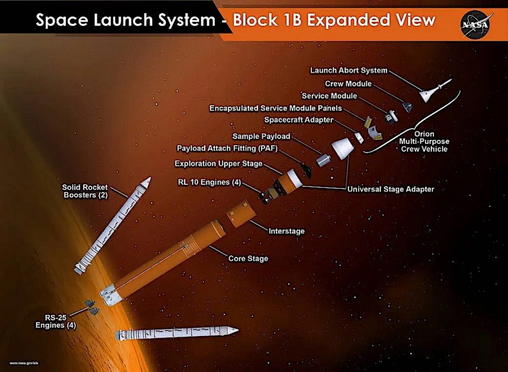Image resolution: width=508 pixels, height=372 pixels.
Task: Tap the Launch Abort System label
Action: click(x=348, y=70)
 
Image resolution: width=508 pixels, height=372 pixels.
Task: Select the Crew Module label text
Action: click(x=348, y=84)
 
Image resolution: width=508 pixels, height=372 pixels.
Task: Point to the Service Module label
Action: click(x=329, y=96)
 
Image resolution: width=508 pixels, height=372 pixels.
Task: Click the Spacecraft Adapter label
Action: click(x=299, y=120)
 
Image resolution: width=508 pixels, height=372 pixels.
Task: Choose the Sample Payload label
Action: click(x=261, y=136)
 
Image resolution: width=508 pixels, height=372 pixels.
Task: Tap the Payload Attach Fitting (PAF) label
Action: click(x=227, y=148)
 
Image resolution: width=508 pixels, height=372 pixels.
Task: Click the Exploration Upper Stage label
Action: click(x=218, y=163)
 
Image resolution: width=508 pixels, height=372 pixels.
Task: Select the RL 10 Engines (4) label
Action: click(x=209, y=182)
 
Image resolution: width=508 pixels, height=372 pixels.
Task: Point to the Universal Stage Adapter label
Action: click(x=391, y=189)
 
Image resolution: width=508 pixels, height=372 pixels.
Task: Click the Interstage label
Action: click(x=287, y=231)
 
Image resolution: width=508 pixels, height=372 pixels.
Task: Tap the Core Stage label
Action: click(x=248, y=259)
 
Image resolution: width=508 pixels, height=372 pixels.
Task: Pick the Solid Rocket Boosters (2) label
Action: click(x=85, y=191)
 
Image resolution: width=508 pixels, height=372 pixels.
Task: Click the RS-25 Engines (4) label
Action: click(x=55, y=321)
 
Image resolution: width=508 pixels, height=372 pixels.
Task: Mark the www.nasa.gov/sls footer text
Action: click(x=24, y=364)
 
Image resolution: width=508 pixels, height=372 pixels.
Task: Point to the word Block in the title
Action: click(x=255, y=20)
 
